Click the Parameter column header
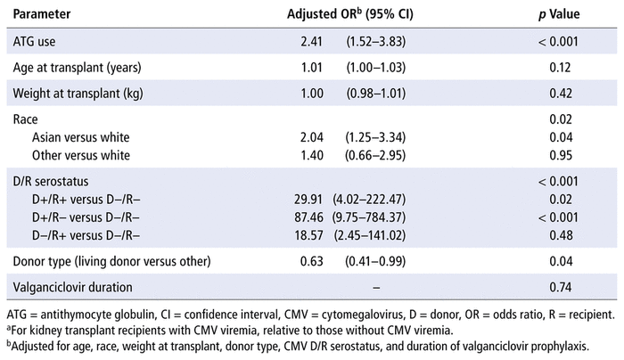(x=42, y=14)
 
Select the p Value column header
(x=559, y=14)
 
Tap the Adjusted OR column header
(x=349, y=14)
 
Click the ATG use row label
(x=34, y=41)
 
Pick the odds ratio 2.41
(x=311, y=41)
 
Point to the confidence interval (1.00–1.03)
(x=375, y=68)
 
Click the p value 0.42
(x=561, y=94)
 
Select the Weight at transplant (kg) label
(x=78, y=94)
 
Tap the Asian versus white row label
(x=81, y=137)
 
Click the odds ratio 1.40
(x=312, y=155)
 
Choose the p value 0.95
(x=561, y=155)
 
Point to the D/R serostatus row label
(x=51, y=182)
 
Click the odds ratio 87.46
(x=308, y=217)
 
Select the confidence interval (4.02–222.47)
(x=369, y=200)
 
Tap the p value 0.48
(x=561, y=235)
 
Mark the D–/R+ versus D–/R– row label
(x=86, y=235)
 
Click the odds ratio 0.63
(x=312, y=261)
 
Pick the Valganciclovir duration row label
(x=72, y=287)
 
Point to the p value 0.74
(x=561, y=287)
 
